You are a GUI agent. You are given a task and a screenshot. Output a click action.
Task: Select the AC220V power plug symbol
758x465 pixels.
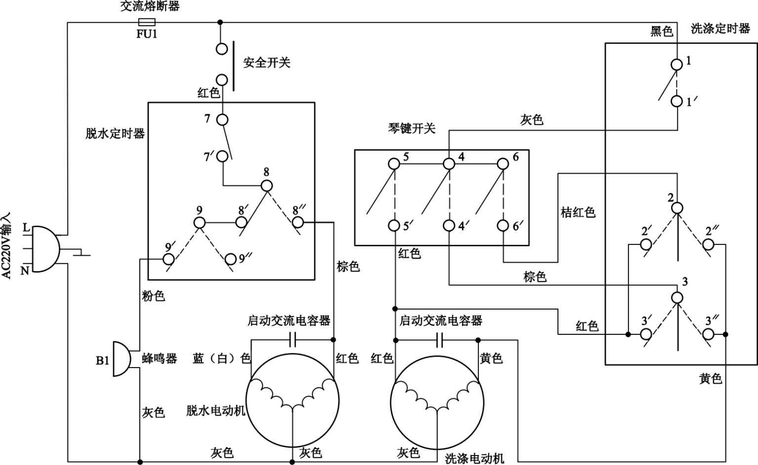pyautogui.click(x=43, y=249)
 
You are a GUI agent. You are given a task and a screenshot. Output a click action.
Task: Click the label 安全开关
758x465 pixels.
pyautogui.click(x=266, y=63)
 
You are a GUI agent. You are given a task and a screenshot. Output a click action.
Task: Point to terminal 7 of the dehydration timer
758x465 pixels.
pyautogui.click(x=222, y=120)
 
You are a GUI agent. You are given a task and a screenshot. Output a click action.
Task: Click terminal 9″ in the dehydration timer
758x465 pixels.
pyautogui.click(x=230, y=259)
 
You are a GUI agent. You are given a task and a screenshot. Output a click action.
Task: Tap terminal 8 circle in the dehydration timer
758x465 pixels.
pyautogui.click(x=267, y=186)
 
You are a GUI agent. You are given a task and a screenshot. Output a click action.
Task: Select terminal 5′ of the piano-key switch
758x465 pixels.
pyautogui.click(x=394, y=226)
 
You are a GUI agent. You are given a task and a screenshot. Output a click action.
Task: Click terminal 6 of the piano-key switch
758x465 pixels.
pyautogui.click(x=503, y=163)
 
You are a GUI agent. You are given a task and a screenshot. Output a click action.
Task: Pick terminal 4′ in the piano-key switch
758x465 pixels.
pyautogui.click(x=449, y=226)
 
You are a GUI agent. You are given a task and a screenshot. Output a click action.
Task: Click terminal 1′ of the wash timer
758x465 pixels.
pyautogui.click(x=676, y=101)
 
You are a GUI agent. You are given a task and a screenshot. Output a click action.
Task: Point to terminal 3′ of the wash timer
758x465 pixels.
pyautogui.click(x=646, y=334)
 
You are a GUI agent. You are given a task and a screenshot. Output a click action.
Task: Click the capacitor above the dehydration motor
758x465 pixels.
pyautogui.click(x=293, y=339)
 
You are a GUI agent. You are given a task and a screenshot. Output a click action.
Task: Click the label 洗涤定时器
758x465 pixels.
pyautogui.click(x=720, y=29)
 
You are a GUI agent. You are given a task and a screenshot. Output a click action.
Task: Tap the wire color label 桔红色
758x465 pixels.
pyautogui.click(x=578, y=212)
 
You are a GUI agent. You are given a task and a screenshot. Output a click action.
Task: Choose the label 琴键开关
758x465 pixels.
pyautogui.click(x=412, y=129)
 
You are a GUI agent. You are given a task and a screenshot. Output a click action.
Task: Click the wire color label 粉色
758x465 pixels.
pyautogui.click(x=153, y=296)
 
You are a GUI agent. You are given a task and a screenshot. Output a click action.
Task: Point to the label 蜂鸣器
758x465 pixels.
pyautogui.click(x=159, y=359)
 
